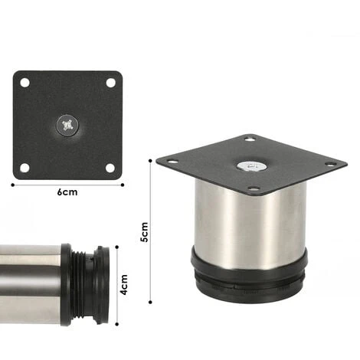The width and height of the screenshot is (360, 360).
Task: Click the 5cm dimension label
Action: [x=143, y=232]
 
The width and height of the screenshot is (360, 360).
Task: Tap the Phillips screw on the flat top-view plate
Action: [x=67, y=124]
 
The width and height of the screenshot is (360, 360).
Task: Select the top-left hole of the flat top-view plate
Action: [x=25, y=82]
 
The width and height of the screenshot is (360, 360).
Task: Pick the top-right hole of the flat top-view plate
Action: [x=110, y=82]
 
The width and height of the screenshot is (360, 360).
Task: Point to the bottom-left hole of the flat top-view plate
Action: [x=25, y=167]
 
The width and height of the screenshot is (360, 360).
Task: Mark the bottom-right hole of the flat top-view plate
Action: [x=110, y=167]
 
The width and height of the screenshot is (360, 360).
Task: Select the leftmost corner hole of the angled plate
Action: [x=172, y=161]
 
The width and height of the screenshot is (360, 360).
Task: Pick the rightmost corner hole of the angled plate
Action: [x=331, y=163]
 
